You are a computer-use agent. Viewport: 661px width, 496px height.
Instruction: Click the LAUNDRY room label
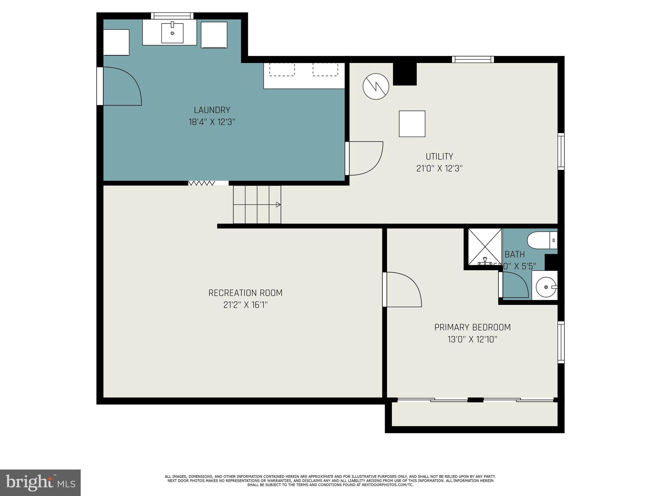[212, 110]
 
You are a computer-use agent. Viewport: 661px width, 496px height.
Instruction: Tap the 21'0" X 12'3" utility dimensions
[439, 169]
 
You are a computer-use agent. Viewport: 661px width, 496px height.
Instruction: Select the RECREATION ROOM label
[245, 293]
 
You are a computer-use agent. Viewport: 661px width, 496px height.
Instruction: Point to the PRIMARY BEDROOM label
[472, 327]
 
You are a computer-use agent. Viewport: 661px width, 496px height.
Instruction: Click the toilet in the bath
[541, 240]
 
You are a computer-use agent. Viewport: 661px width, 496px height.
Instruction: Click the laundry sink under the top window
[172, 33]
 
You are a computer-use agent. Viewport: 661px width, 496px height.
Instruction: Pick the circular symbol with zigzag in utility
[376, 86]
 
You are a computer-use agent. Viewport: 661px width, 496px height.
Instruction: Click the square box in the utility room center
[412, 124]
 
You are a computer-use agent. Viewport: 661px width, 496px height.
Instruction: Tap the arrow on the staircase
[278, 204]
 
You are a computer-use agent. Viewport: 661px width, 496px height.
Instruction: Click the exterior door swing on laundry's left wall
[121, 86]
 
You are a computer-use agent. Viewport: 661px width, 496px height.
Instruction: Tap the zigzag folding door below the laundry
[202, 183]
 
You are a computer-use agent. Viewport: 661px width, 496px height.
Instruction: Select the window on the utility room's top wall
[473, 59]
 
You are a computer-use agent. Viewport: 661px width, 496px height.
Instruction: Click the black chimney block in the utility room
[405, 74]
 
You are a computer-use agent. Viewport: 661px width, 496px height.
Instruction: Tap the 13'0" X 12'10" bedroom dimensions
[472, 339]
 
